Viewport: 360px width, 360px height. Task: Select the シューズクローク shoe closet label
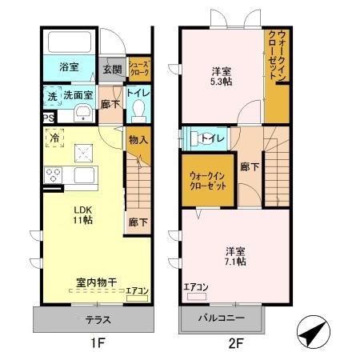click(x=138, y=70)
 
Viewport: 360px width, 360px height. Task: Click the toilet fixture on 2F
click(x=193, y=138)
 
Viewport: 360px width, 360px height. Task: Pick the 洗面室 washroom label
click(x=78, y=95)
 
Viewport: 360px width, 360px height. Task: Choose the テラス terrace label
click(x=93, y=319)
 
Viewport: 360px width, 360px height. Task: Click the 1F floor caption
click(x=93, y=346)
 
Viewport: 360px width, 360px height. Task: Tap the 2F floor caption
click(x=234, y=346)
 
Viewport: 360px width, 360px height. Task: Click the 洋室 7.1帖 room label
click(x=234, y=254)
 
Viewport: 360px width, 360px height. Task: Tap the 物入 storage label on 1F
click(x=138, y=140)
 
